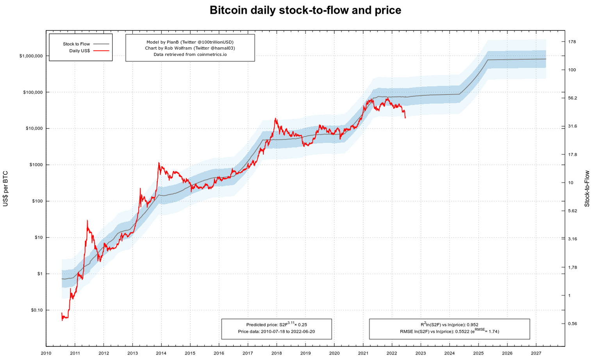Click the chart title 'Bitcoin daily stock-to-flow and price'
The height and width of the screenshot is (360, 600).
(x=305, y=10)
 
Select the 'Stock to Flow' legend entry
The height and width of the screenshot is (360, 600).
(x=77, y=44)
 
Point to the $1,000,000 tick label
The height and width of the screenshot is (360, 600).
(x=31, y=56)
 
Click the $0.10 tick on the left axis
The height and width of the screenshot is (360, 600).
(x=36, y=310)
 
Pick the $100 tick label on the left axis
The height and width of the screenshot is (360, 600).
(x=36, y=201)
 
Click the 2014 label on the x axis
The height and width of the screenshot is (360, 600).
(x=161, y=353)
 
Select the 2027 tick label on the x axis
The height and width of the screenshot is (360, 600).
(x=536, y=353)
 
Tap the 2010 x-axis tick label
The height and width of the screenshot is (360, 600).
(x=46, y=353)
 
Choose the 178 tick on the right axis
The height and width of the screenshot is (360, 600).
(x=572, y=42)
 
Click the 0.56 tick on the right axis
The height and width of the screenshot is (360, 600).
(x=572, y=324)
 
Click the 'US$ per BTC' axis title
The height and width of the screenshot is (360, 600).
(x=5, y=189)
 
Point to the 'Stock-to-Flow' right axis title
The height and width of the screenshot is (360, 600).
(x=587, y=189)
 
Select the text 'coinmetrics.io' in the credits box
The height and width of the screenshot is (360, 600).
(x=212, y=54)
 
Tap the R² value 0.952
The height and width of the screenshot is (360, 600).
(x=472, y=324)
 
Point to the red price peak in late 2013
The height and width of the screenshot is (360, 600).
(x=159, y=162)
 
